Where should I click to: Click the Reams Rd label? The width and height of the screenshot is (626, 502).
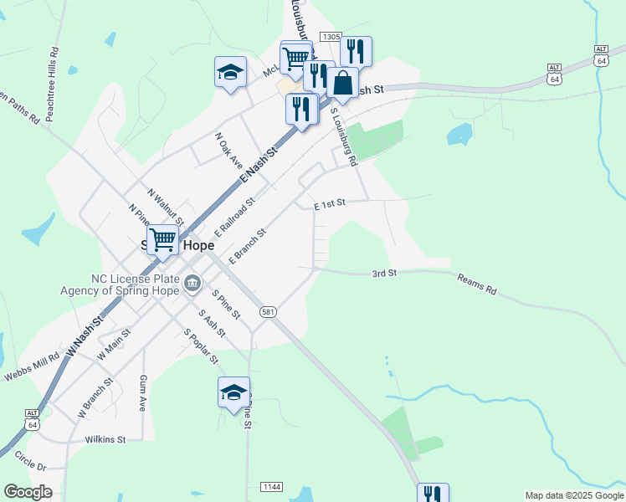click(x=477, y=285)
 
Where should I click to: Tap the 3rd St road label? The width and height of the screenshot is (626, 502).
click(x=384, y=274)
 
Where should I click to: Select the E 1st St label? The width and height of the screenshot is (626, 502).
click(x=330, y=205)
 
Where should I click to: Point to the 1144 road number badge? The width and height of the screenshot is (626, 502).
click(x=271, y=487)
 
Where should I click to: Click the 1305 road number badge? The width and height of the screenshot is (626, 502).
click(x=330, y=37)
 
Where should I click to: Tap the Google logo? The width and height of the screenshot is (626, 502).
click(x=28, y=492)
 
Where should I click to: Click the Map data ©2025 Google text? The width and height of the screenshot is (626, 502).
click(x=572, y=495)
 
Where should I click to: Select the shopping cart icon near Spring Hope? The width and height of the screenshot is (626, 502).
click(x=163, y=239)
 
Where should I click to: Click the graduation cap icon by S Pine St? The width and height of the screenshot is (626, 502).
click(x=233, y=392)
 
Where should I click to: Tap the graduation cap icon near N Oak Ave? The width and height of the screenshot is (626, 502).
click(x=230, y=72)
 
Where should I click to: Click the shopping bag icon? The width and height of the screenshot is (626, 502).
click(x=342, y=83)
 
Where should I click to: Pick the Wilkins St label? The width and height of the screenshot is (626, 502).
click(x=105, y=439)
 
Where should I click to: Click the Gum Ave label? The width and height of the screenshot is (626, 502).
click(x=142, y=392)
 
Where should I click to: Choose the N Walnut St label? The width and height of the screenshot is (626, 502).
click(x=166, y=205)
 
